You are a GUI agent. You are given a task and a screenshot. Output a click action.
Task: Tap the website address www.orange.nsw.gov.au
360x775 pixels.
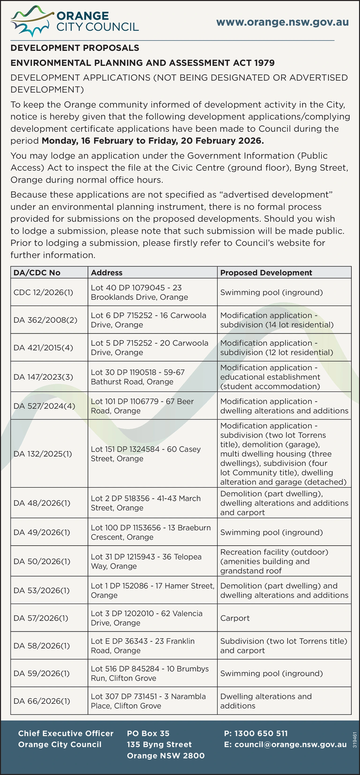click(x=282, y=22)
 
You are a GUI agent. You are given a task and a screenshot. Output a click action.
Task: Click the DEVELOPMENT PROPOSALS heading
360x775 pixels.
click(x=75, y=48)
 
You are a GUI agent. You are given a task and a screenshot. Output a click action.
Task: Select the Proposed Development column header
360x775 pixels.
click(x=266, y=273)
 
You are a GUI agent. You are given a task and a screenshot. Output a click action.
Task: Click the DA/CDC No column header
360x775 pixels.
click(x=37, y=273)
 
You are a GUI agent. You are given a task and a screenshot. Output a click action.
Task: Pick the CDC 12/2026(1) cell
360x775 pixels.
click(x=43, y=292)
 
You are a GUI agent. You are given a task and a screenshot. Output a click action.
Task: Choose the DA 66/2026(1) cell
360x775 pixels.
click(x=42, y=701)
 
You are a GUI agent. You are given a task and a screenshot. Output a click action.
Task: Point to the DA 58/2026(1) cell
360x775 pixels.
click(x=42, y=646)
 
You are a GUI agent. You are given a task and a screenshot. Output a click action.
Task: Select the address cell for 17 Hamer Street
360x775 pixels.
click(x=152, y=590)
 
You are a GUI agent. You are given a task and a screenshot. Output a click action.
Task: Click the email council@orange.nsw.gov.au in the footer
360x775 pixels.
click(x=285, y=744)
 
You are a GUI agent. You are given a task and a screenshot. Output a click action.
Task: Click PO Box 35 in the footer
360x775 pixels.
click(x=148, y=733)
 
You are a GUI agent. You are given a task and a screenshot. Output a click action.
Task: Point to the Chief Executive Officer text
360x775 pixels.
click(x=65, y=733)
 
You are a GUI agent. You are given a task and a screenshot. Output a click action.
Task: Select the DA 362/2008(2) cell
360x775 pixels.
click(x=45, y=320)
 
